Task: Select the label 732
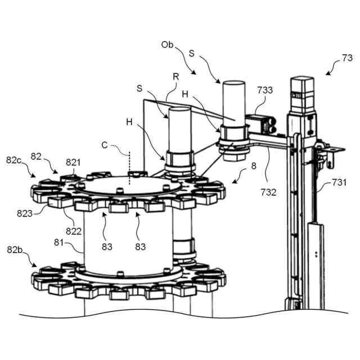point(269,192)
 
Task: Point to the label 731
point(339,182)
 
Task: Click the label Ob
point(168,44)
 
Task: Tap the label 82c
point(15,160)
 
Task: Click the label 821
point(74,163)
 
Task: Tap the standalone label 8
point(254,166)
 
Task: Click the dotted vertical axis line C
point(129,163)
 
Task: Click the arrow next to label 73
point(331,68)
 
